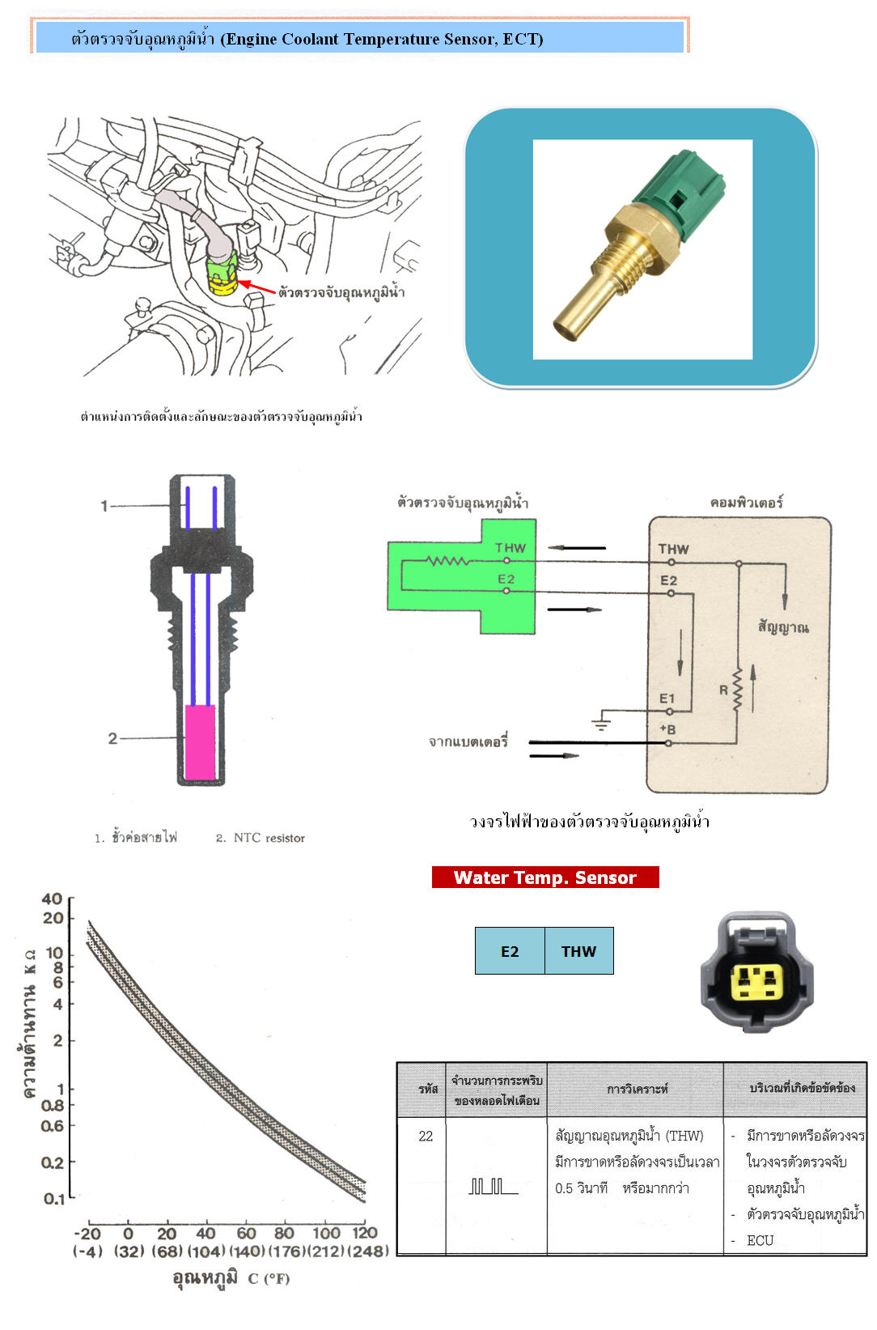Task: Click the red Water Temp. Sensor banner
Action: [544, 877]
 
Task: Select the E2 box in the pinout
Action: [510, 951]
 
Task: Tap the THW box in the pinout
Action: [579, 951]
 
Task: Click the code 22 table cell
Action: [426, 1136]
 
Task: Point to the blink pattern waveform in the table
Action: [493, 1186]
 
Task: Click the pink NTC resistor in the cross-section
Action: [200, 742]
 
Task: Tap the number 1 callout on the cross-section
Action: [104, 506]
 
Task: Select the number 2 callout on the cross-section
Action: [112, 738]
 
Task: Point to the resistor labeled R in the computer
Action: [738, 689]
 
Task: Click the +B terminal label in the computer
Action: [667, 729]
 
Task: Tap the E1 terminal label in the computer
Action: [667, 699]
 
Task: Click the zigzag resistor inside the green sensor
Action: [449, 560]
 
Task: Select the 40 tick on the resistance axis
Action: [52, 899]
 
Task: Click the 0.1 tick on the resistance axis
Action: [53, 1199]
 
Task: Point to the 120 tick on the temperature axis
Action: [364, 1233]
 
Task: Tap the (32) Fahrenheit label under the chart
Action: [129, 1251]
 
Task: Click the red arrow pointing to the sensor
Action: [257, 287]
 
